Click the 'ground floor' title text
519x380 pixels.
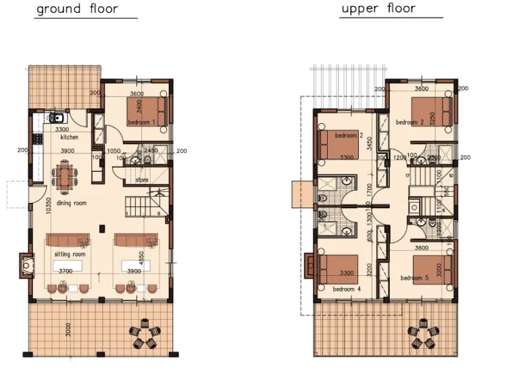pos(77,9)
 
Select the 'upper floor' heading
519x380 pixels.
pos(378,9)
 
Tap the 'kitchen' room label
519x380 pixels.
pos(70,137)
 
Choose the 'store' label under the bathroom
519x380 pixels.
pos(142,181)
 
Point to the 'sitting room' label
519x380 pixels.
pos(68,254)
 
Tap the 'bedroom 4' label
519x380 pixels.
pos(347,289)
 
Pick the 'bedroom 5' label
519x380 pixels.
pos(414,278)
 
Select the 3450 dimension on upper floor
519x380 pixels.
pos(370,143)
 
